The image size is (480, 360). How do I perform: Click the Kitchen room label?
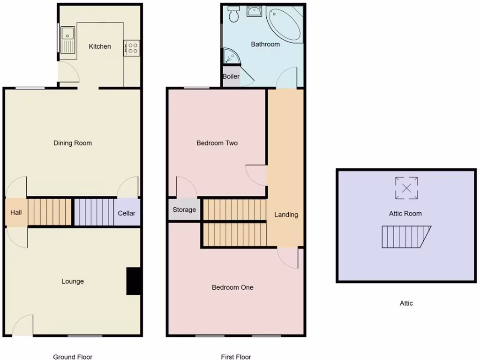click(x=100, y=46)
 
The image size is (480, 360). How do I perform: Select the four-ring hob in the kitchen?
click(x=132, y=48)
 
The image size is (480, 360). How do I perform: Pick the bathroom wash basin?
click(x=255, y=11)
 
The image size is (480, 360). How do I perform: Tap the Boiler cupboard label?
click(x=231, y=76)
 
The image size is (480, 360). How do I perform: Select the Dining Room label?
click(x=73, y=143)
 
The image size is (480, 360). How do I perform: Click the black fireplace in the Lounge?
click(x=134, y=281)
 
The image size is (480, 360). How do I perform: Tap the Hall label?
click(x=16, y=213)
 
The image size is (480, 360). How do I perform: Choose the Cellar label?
click(x=127, y=213)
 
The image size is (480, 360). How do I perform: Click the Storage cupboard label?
click(x=184, y=210)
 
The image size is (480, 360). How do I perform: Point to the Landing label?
click(x=286, y=215)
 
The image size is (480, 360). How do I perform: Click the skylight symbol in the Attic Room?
click(x=406, y=188)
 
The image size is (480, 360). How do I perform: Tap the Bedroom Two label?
click(x=217, y=143)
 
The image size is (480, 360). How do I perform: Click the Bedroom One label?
click(x=232, y=287)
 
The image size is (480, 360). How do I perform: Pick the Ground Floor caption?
click(x=73, y=357)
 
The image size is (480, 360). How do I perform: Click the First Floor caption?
click(x=236, y=357)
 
